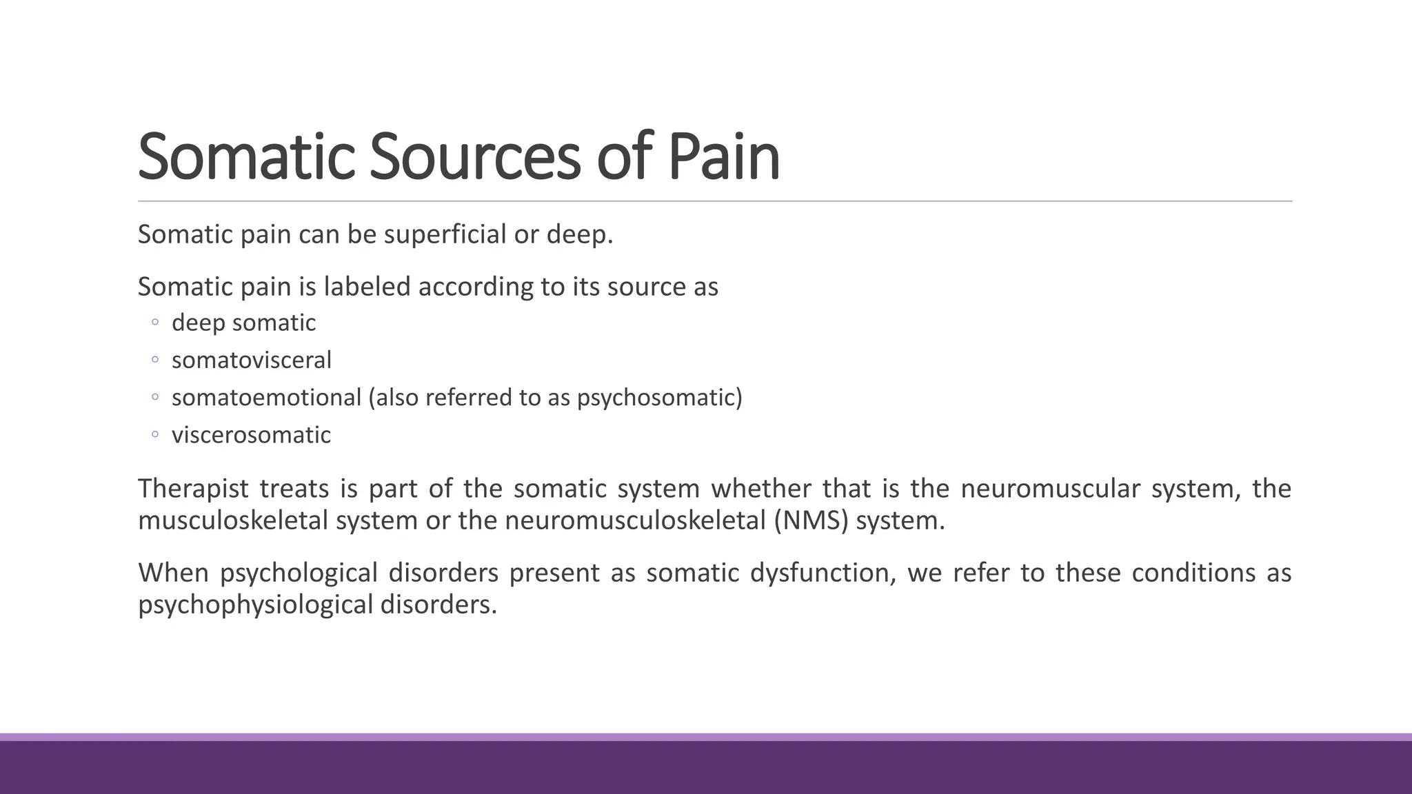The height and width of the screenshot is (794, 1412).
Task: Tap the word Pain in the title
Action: click(723, 156)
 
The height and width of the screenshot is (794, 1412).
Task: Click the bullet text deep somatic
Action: click(243, 323)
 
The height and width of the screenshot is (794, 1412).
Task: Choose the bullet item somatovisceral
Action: click(251, 360)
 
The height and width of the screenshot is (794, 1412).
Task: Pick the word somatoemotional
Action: click(266, 398)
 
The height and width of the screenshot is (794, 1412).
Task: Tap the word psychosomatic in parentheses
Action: click(656, 398)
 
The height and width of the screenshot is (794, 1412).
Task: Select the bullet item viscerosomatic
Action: click(251, 435)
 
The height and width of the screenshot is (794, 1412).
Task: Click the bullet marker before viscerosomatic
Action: click(155, 435)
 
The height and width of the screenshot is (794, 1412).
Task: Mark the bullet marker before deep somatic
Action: click(155, 323)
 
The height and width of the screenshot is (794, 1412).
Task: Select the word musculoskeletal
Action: click(233, 520)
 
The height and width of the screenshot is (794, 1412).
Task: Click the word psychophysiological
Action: click(255, 605)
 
